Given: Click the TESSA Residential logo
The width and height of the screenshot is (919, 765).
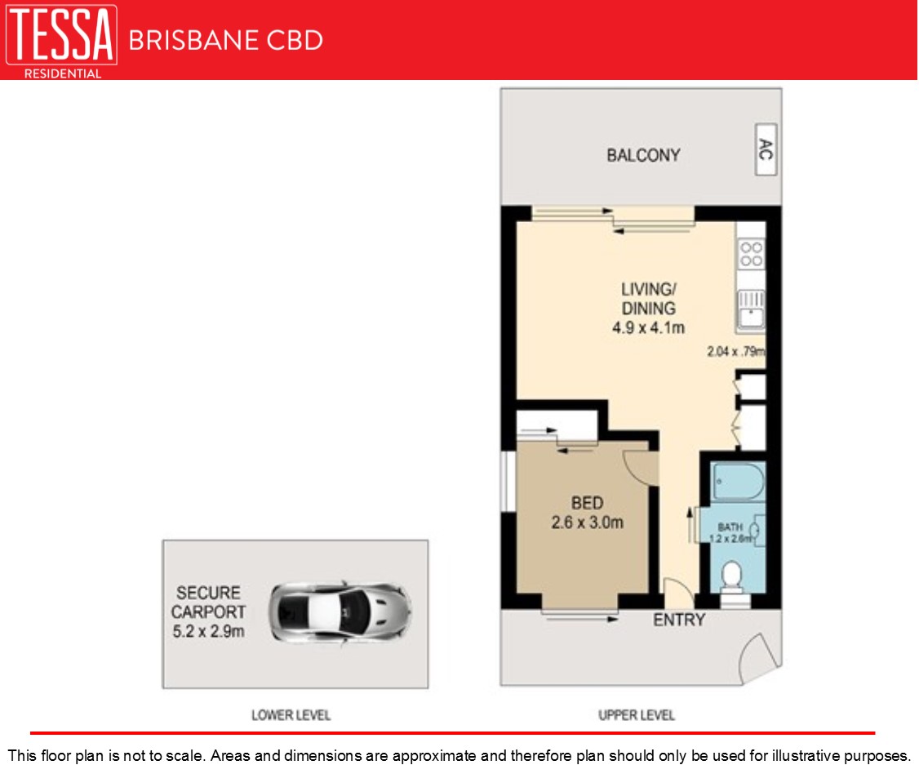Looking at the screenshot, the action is tap(61, 41).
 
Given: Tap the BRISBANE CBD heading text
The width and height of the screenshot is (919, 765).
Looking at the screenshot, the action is tap(225, 41).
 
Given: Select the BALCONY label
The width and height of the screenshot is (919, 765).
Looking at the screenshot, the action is tap(643, 155).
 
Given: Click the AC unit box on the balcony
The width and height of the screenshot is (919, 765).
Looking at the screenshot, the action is tap(766, 149).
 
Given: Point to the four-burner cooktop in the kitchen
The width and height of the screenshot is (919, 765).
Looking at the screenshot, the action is tap(751, 255).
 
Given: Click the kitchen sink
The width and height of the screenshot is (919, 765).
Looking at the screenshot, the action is tap(751, 309).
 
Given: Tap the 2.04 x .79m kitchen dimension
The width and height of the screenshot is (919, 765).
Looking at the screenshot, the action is tap(736, 352).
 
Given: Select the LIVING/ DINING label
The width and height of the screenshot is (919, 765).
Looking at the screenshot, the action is tap(648, 299).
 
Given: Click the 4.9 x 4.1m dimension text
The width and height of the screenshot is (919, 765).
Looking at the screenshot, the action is tap(648, 327).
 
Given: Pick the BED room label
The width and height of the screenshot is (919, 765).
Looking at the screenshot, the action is tap(587, 503).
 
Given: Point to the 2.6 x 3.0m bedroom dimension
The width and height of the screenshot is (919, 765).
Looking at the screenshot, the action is tap(587, 523).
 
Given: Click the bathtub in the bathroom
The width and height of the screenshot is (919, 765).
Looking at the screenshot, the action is tap(738, 482).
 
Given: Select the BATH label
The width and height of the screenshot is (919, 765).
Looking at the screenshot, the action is tap(730, 527).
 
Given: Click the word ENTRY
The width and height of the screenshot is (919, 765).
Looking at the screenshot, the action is tap(679, 620).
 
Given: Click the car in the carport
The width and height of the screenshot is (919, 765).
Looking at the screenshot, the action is tap(340, 612).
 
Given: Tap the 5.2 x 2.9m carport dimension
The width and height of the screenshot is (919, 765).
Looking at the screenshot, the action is tap(208, 631).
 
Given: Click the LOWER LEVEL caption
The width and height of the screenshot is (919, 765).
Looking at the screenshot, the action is tap(291, 715).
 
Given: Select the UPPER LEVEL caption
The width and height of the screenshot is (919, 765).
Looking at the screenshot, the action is tap(636, 715).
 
